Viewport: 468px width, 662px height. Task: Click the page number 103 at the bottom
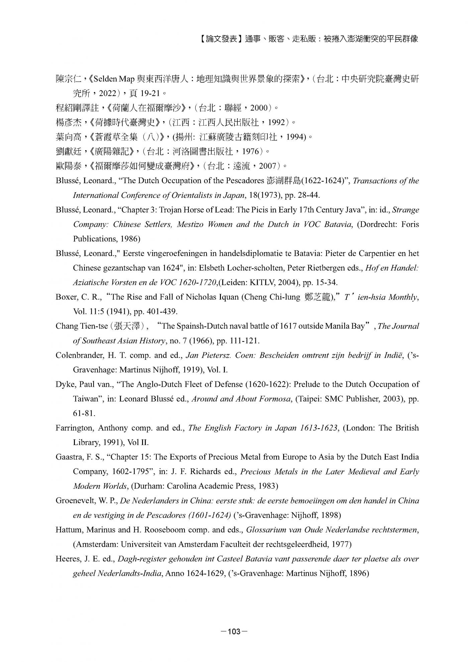[x=234, y=632]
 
